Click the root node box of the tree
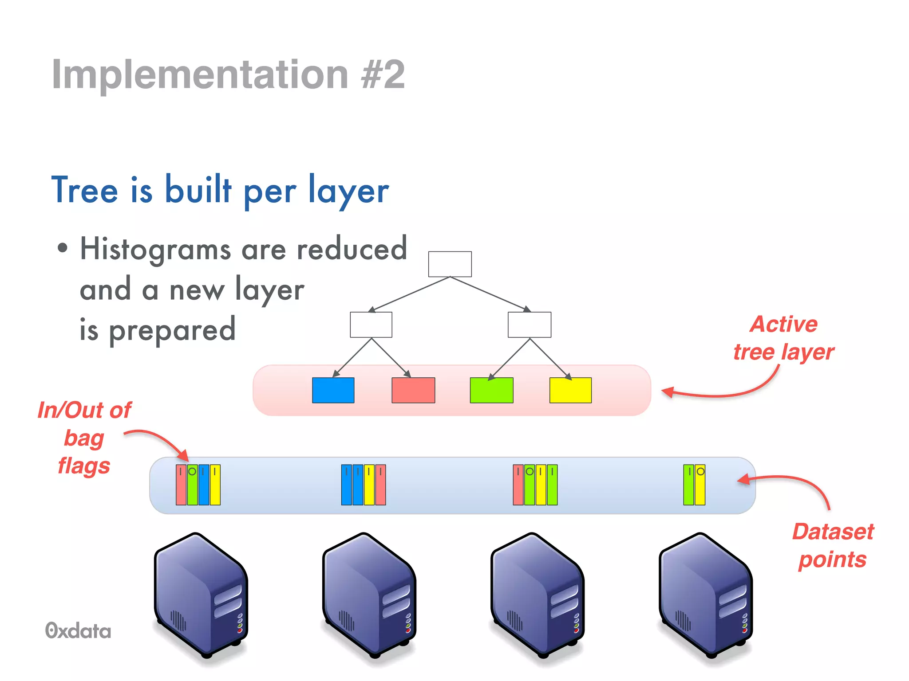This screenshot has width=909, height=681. pos(450,264)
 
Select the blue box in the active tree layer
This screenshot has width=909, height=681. pos(333,390)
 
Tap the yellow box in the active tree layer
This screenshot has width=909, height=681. pos(570,390)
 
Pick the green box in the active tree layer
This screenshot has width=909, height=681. pos(491,390)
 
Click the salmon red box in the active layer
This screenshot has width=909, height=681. pos(413,390)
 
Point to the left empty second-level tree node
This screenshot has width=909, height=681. pos(371,325)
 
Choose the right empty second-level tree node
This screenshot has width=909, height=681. pos(530,325)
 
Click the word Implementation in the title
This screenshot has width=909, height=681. pos(200,74)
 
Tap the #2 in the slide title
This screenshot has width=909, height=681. pos(383,74)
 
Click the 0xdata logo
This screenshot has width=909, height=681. pos(78,630)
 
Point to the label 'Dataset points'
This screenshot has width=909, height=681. pos(833,545)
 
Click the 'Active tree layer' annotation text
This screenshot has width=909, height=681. pos(784,338)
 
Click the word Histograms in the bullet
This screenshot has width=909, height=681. pos(155,249)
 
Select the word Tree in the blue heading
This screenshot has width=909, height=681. pos(85,191)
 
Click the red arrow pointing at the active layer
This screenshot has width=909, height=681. pos(728,390)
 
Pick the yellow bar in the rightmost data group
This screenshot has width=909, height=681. pos(700,485)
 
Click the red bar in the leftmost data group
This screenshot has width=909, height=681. pos(181,485)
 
